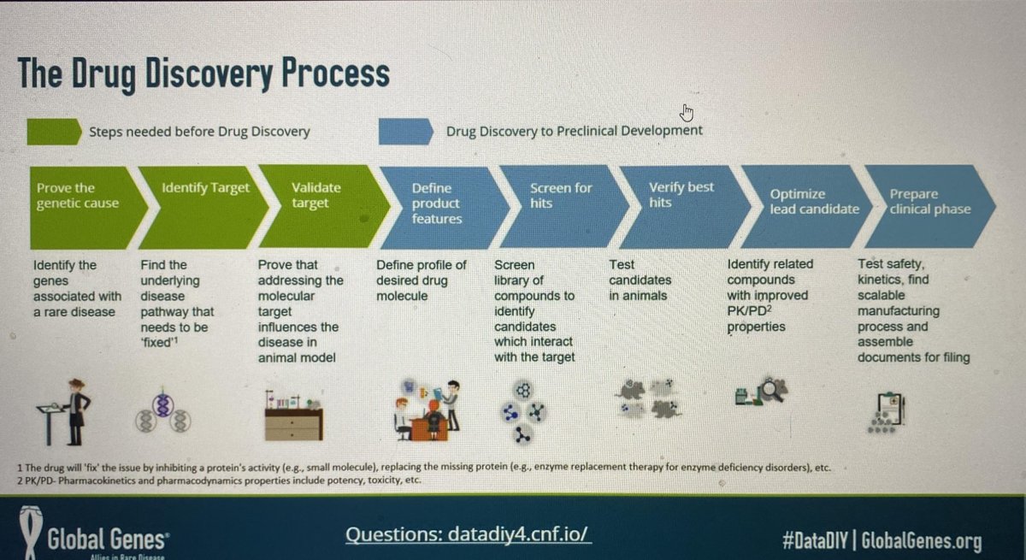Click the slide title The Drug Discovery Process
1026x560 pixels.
click(203, 74)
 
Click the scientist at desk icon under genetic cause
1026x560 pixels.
click(65, 410)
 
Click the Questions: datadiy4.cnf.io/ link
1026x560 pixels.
click(468, 535)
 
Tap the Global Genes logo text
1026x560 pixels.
click(111, 539)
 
